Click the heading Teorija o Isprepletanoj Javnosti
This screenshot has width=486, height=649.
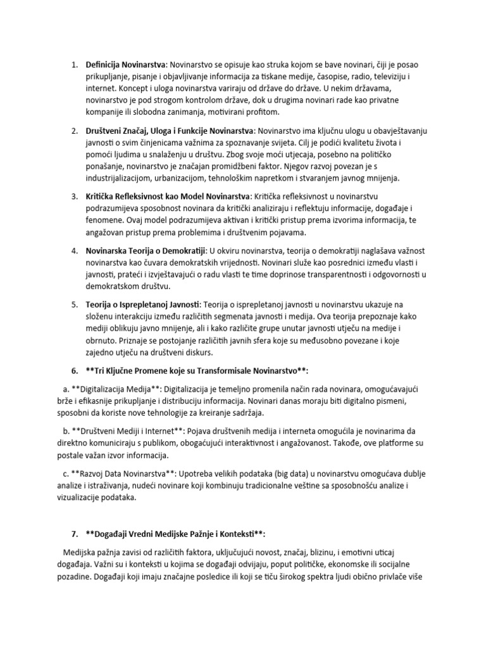tap(142, 304)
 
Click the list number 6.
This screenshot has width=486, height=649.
tap(73, 370)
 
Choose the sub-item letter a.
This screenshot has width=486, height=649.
tap(66, 389)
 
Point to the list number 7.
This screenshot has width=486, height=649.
tap(73, 534)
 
